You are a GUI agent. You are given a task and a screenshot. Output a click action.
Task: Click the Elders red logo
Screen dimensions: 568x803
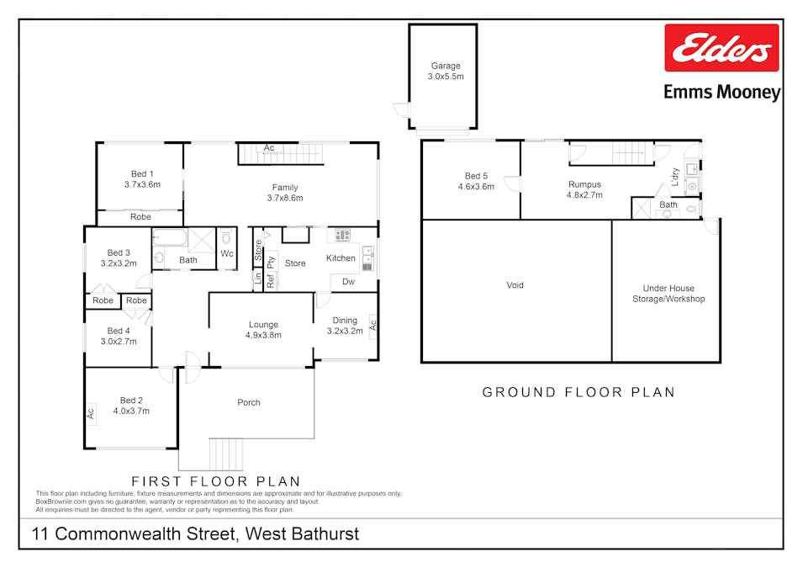click(721, 49)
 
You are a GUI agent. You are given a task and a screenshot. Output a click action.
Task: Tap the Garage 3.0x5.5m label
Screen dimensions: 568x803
click(446, 71)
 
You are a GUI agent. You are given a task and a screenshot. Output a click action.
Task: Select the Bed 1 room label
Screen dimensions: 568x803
click(142, 179)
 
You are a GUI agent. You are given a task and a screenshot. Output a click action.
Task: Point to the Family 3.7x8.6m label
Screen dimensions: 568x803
click(285, 193)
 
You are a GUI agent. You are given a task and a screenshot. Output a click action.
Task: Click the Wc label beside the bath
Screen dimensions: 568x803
click(227, 253)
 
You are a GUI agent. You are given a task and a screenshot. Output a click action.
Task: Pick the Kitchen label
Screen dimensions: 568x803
click(341, 258)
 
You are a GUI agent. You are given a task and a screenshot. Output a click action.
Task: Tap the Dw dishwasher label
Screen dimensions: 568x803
click(348, 282)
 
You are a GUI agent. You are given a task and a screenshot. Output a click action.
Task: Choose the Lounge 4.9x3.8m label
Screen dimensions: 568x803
click(263, 330)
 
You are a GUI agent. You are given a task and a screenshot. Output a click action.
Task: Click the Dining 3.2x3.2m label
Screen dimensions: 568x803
click(345, 326)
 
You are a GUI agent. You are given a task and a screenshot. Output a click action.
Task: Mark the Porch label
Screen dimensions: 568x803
click(249, 402)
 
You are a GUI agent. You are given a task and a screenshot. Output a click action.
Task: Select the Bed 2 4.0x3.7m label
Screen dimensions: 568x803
click(131, 406)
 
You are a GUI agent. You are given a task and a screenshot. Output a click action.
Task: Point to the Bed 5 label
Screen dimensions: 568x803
click(476, 182)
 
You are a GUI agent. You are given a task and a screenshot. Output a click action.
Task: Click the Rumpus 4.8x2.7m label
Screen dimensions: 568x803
click(584, 190)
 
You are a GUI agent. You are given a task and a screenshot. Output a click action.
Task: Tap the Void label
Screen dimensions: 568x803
click(515, 285)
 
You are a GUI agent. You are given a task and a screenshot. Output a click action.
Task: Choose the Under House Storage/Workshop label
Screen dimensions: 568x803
click(668, 294)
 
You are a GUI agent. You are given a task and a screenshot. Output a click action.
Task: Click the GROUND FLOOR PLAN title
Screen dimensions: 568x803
click(578, 392)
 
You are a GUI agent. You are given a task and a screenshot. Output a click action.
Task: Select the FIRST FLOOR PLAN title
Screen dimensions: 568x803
click(216, 481)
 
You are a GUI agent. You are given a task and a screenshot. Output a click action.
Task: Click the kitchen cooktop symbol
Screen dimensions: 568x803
click(343, 236)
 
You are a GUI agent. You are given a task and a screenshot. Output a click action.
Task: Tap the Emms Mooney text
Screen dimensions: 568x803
click(721, 93)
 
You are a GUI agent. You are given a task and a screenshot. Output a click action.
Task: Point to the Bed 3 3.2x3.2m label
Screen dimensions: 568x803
click(119, 257)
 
